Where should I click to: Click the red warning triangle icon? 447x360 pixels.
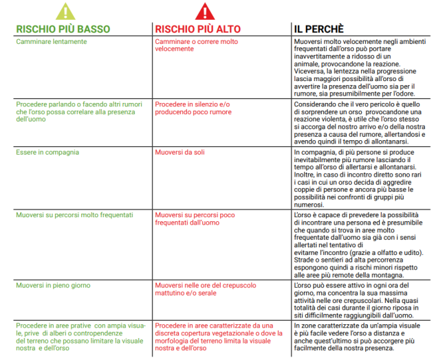(205, 11)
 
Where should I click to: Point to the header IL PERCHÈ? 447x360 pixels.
(318, 30)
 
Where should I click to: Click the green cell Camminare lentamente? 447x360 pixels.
(52, 42)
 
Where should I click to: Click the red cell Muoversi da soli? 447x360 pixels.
(179, 152)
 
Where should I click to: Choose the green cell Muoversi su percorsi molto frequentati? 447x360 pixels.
(74, 215)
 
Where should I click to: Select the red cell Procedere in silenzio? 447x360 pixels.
(193, 108)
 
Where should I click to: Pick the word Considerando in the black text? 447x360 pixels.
(314, 103)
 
